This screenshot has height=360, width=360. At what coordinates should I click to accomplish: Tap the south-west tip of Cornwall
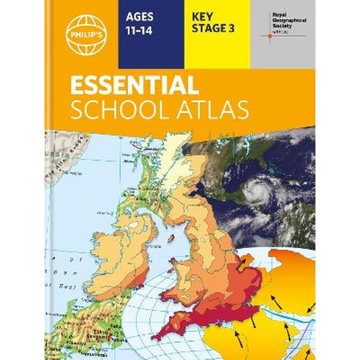click(155, 337)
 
